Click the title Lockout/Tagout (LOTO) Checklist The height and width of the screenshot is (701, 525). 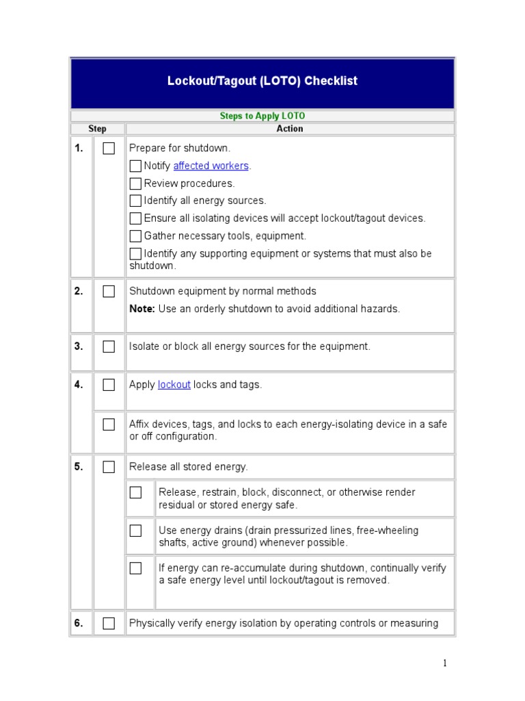pyautogui.click(x=262, y=81)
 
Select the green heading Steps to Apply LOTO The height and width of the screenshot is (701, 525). pyautogui.click(x=262, y=116)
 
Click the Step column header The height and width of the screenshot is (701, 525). pyautogui.click(x=97, y=129)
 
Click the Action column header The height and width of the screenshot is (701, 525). pyautogui.click(x=290, y=129)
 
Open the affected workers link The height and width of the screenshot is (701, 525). pyautogui.click(x=211, y=166)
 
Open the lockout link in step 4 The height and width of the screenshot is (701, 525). pyautogui.click(x=174, y=385)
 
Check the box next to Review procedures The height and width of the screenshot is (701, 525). pyautogui.click(x=135, y=183)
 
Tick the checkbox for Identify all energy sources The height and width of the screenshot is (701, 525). pyautogui.click(x=135, y=201)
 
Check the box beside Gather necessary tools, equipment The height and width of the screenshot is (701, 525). pyautogui.click(x=135, y=236)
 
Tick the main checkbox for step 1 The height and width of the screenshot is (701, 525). pyautogui.click(x=109, y=149)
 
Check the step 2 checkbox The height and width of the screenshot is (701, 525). pyautogui.click(x=109, y=292)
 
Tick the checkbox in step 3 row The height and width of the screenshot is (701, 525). pyautogui.click(x=109, y=346)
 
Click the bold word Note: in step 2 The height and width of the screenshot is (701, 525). pyautogui.click(x=142, y=309)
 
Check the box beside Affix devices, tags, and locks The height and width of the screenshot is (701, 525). pyautogui.click(x=109, y=424)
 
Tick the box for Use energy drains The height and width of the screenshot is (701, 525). pyautogui.click(x=136, y=531)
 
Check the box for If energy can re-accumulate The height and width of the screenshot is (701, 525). pyautogui.click(x=136, y=568)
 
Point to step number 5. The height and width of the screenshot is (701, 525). pyautogui.click(x=79, y=467)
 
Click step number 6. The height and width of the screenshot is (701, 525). pyautogui.click(x=79, y=623)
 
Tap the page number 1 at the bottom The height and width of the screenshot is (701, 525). pyautogui.click(x=444, y=663)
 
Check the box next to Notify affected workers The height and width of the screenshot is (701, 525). pyautogui.click(x=135, y=166)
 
